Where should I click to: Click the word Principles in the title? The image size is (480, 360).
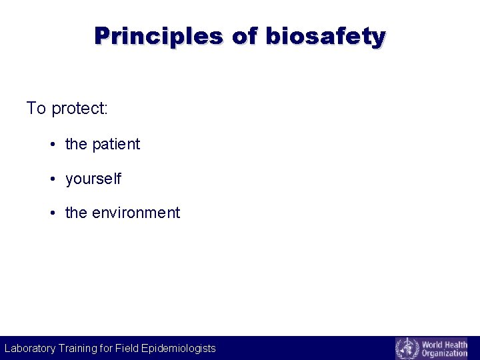click(158, 36)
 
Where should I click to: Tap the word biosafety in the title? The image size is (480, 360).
click(325, 36)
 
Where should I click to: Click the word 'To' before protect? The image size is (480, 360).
click(36, 108)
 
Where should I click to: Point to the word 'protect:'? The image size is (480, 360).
click(79, 109)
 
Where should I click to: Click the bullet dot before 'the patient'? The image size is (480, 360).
click(52, 145)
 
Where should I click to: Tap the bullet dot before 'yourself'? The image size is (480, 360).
click(52, 180)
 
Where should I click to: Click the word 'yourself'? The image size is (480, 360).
click(93, 179)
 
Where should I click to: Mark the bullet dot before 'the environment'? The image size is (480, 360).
click(52, 213)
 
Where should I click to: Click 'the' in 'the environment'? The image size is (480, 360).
click(76, 213)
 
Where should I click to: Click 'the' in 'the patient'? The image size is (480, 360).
click(76, 144)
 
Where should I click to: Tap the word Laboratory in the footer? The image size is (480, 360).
click(30, 348)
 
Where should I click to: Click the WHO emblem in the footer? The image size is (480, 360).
click(407, 348)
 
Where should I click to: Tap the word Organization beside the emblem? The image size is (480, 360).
click(444, 353)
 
